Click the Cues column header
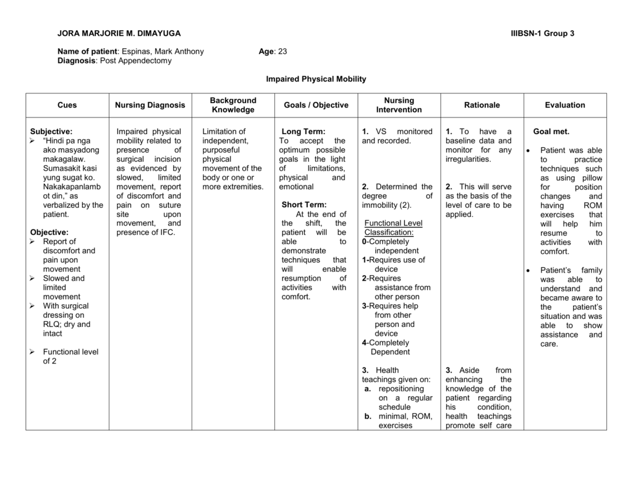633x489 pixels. pyautogui.click(x=67, y=105)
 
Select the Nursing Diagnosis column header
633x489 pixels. pyautogui.click(x=150, y=105)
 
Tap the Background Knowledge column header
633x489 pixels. pyautogui.click(x=233, y=105)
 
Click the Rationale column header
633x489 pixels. pyautogui.click(x=482, y=105)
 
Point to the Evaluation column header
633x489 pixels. pyautogui.click(x=564, y=105)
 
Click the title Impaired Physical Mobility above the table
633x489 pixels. pyautogui.click(x=316, y=79)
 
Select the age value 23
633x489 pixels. pyautogui.click(x=283, y=51)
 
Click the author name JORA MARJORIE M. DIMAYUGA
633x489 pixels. pyautogui.click(x=119, y=33)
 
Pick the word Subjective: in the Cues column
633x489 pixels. pyautogui.click(x=51, y=132)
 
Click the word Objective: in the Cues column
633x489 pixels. pyautogui.click(x=49, y=232)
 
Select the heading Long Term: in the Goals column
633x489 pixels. pyautogui.click(x=303, y=132)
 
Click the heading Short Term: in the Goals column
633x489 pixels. pyautogui.click(x=304, y=205)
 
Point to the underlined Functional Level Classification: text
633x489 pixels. pyautogui.click(x=389, y=227)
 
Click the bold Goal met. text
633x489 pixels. pyautogui.click(x=551, y=132)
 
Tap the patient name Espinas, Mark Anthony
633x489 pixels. pyautogui.click(x=163, y=51)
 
